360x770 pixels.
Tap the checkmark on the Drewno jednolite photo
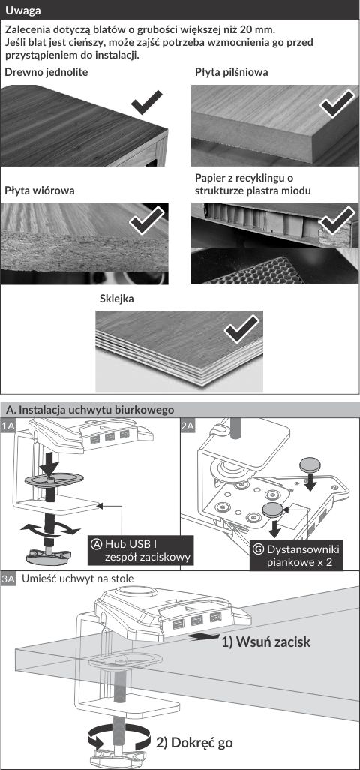[147, 101]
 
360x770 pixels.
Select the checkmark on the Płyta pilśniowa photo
[336, 104]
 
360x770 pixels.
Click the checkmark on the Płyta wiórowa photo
[147, 221]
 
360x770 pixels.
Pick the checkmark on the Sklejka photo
[241, 329]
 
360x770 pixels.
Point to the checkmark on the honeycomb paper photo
[337, 220]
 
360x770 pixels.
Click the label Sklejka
[117, 299]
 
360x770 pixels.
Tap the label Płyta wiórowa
[40, 191]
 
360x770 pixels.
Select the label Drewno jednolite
[46, 72]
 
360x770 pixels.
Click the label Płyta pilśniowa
[232, 72]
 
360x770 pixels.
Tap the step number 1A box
[8, 426]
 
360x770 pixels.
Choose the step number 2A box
[187, 426]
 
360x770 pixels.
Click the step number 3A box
[8, 579]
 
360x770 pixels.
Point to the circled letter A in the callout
[97, 544]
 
